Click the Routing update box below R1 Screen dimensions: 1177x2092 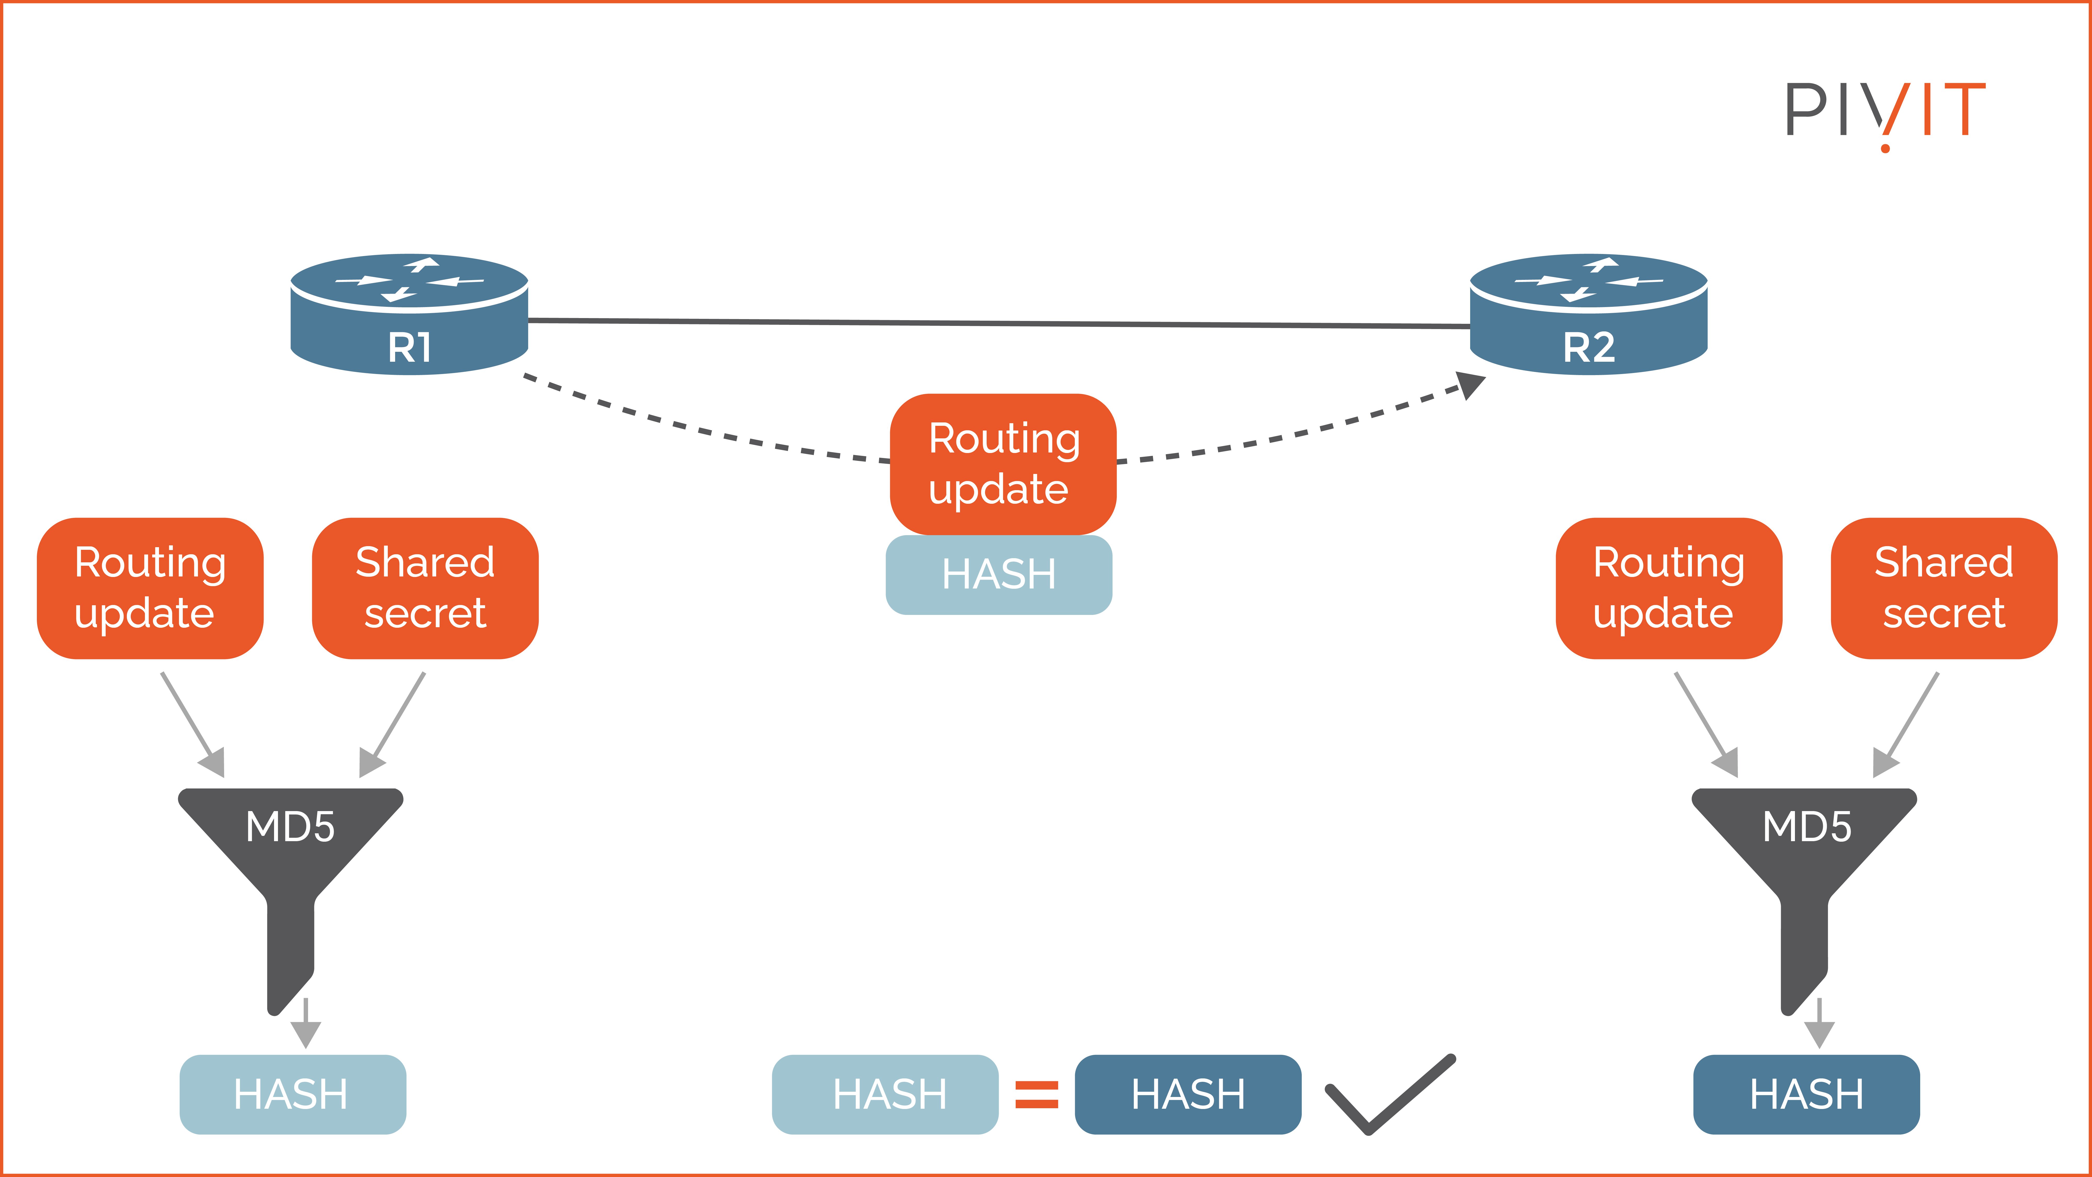pyautogui.click(x=150, y=588)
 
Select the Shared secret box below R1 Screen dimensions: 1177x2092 pyautogui.click(x=425, y=588)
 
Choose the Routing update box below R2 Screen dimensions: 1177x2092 pyautogui.click(x=1669, y=588)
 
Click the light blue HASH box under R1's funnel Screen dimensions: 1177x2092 pyautogui.click(x=292, y=1094)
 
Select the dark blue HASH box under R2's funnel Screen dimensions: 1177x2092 pyautogui.click(x=1806, y=1094)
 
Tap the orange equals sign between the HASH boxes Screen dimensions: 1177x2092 pyautogui.click(x=1037, y=1094)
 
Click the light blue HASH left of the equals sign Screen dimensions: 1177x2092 pyautogui.click(x=885, y=1094)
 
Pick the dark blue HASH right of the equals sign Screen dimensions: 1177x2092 pyautogui.click(x=1188, y=1094)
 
